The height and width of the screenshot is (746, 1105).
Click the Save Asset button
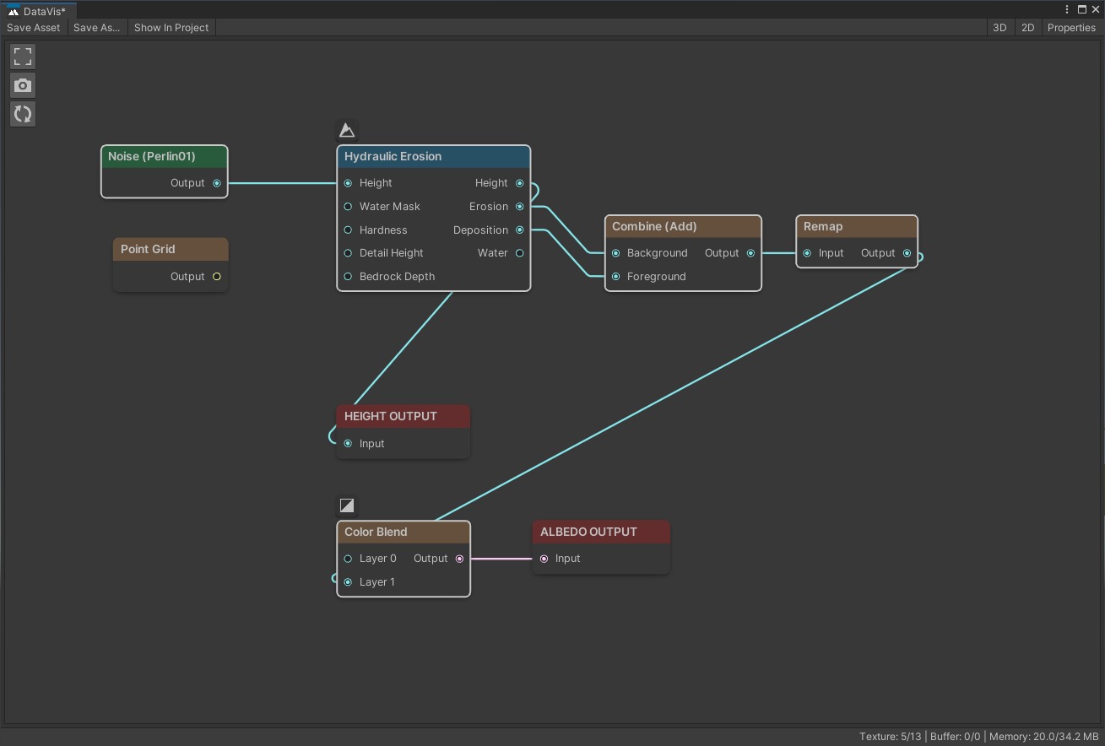pos(33,28)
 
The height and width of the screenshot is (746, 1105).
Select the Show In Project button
pos(171,28)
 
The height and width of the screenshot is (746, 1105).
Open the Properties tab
pos(1071,28)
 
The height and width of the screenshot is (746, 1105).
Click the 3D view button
pos(999,28)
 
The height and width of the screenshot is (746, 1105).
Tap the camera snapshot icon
pos(23,85)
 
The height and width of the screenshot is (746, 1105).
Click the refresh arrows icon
pos(23,114)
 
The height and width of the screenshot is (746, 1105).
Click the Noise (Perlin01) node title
pos(151,156)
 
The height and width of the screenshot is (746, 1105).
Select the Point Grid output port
pos(217,277)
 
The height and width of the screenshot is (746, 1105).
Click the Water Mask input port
pos(348,207)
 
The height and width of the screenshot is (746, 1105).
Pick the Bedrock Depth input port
pos(348,277)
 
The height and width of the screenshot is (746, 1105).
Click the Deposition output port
pos(519,230)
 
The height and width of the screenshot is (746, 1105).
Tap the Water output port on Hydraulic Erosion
pos(519,253)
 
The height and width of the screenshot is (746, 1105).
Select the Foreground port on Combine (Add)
pos(615,277)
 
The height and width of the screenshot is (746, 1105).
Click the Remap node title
pos(823,226)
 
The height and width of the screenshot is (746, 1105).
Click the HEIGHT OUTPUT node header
pos(403,416)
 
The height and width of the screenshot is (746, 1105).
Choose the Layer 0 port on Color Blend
pos(348,559)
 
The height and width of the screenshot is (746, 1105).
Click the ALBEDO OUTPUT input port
pos(544,559)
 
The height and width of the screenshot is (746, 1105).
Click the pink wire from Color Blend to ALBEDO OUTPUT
pos(501,559)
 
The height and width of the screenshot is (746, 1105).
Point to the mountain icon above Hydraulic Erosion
pos(347,130)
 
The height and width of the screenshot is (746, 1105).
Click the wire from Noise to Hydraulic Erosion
pos(282,183)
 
